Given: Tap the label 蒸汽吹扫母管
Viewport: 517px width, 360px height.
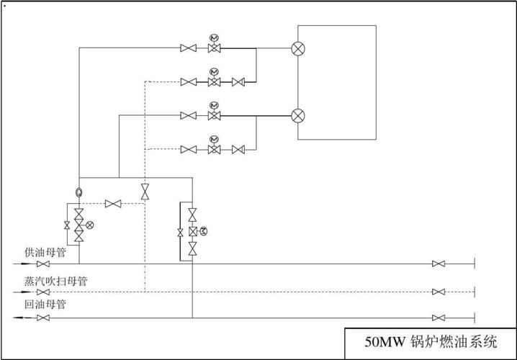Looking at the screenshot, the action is click(56, 282).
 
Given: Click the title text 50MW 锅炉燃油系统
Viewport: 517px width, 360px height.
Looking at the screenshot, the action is click(431, 341).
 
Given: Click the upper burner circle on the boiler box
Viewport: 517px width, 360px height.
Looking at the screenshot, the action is click(298, 48).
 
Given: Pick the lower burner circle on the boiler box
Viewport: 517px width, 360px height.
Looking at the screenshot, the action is click(298, 116).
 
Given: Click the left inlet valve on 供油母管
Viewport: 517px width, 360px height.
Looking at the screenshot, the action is click(43, 264).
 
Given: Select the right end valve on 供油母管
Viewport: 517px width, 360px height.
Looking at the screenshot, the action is click(439, 264).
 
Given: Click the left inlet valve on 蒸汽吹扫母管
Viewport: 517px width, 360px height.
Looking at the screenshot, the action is click(43, 292).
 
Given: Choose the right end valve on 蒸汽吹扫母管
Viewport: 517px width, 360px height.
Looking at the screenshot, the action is click(439, 292).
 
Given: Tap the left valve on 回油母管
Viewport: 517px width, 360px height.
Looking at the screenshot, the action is click(43, 318).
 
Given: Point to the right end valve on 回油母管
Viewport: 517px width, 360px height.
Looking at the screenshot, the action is click(439, 318).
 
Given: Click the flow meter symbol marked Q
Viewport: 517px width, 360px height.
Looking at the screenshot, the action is click(78, 192).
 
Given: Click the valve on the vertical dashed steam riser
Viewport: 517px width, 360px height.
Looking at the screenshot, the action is click(145, 192).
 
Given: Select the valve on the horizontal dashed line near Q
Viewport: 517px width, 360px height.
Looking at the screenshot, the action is click(113, 204).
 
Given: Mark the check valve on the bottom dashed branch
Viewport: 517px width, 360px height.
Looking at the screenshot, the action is click(238, 150).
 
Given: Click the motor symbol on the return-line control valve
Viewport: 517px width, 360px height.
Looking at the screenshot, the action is click(204, 231).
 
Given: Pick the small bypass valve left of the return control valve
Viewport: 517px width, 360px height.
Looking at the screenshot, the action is click(180, 233).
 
